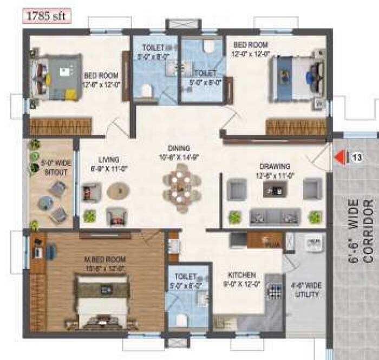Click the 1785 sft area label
pos(45,16)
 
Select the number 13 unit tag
pos(357,158)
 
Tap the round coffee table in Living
pos(118,191)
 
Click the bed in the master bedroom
pos(103,300)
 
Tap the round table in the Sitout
pos(45,203)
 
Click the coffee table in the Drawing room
pos(275,189)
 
